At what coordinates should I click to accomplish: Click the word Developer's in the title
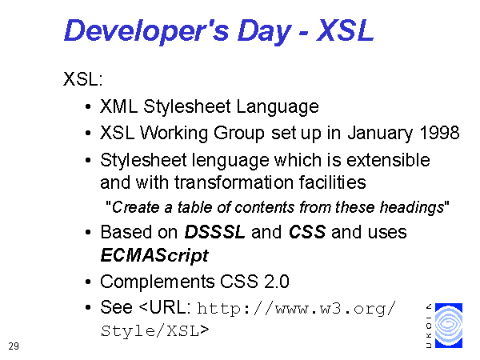click(146, 31)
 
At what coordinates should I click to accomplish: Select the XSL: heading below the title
click(82, 79)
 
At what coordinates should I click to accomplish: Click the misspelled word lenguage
click(230, 162)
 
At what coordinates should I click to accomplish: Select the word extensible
click(388, 160)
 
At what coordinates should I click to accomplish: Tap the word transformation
click(234, 182)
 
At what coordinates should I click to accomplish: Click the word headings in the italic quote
click(412, 208)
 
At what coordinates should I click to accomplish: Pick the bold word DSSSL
click(214, 232)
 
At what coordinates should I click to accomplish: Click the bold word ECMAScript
click(154, 256)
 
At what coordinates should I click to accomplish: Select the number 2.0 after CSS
click(277, 282)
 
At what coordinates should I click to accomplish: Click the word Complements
click(158, 282)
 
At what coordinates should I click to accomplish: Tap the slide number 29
click(14, 346)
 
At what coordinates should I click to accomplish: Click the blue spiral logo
click(449, 326)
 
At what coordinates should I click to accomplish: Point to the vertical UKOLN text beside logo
click(429, 326)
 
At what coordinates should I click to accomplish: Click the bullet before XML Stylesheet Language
click(88, 107)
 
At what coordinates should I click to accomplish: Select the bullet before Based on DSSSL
click(88, 232)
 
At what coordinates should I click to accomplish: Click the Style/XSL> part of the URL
click(155, 331)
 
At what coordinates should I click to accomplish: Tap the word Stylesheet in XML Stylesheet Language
click(186, 107)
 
